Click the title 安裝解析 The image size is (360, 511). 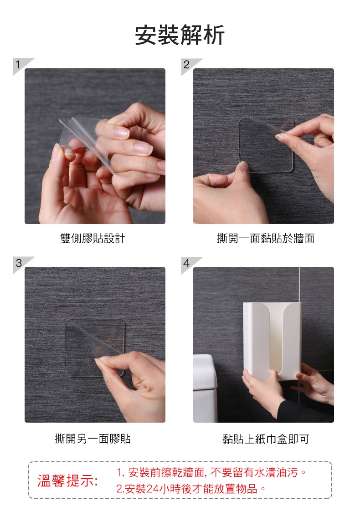click(180, 35)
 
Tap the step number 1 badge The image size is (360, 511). click(20, 65)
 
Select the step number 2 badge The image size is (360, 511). click(189, 65)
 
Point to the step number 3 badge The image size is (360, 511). click(20, 263)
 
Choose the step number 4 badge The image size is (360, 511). click(189, 263)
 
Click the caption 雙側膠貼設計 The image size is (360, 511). click(93, 238)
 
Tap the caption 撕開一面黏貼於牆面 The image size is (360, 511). click(266, 238)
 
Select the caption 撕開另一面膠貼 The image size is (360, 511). click(93, 439)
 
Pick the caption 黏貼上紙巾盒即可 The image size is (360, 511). click(266, 439)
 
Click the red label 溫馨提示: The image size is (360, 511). click(67, 480)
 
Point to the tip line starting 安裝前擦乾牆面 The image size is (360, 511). click(211, 472)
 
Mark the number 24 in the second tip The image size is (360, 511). click(152, 489)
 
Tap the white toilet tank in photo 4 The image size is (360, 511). click(205, 388)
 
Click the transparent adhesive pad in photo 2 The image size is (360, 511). click(267, 145)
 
